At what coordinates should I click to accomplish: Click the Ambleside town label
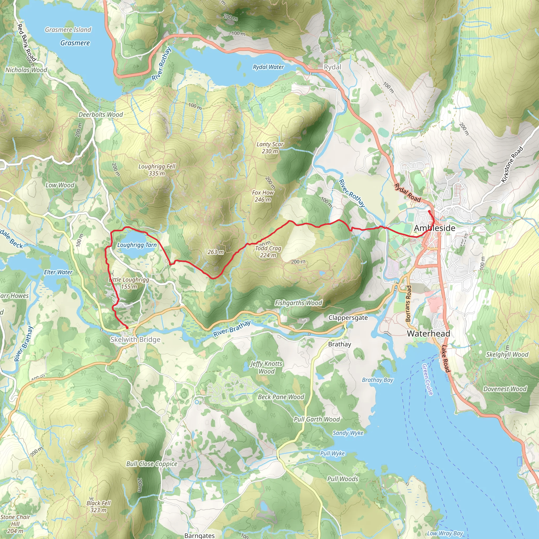coord(435,228)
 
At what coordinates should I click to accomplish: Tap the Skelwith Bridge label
coord(135,340)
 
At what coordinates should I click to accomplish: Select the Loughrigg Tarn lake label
coord(137,245)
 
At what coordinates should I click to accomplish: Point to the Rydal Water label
coord(268,67)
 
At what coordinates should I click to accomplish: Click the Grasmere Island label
coord(68,29)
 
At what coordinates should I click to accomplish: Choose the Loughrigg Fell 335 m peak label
coord(157,170)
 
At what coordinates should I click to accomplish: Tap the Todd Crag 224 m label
coord(268,252)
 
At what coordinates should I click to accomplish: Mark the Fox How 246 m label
coord(263,196)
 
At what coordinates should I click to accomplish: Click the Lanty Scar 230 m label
coord(270,148)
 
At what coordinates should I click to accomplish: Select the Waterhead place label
coord(428,333)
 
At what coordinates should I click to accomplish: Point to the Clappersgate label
coord(348,317)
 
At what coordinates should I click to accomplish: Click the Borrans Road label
coord(408,303)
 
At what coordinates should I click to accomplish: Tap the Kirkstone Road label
coord(512,164)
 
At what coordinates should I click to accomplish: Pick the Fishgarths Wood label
coord(298,303)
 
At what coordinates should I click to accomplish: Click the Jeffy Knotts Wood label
coord(266,367)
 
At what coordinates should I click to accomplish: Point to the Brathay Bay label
coord(377,380)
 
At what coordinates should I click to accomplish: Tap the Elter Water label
coord(58,272)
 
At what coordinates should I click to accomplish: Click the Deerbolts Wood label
coord(101,114)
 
